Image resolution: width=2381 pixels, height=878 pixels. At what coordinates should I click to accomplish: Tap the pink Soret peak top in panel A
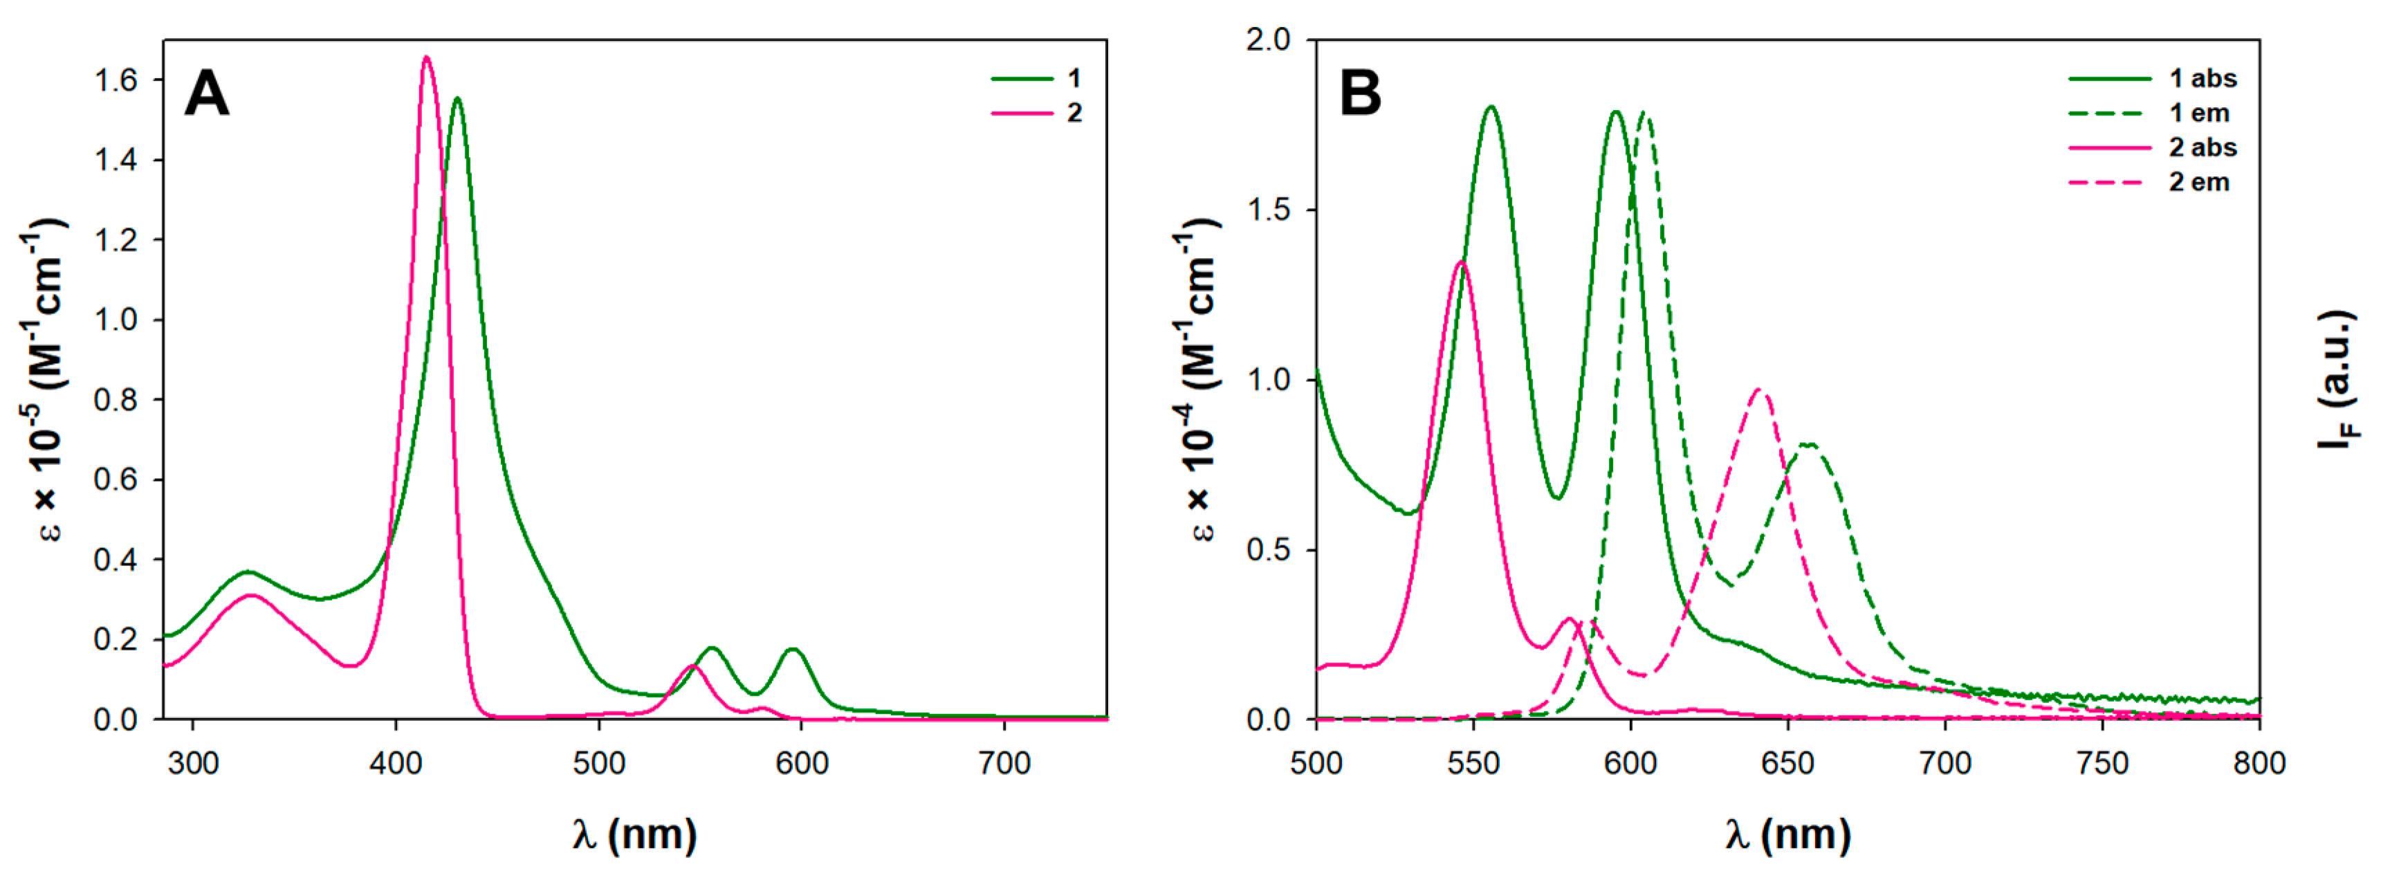(426, 57)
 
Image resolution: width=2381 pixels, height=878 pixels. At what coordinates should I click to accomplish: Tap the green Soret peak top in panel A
(457, 99)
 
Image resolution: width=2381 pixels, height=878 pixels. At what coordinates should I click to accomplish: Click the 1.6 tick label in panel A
(116, 80)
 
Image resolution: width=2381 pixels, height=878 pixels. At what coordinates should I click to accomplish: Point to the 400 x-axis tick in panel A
(396, 763)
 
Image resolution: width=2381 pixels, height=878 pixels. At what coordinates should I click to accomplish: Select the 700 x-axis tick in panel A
(1004, 763)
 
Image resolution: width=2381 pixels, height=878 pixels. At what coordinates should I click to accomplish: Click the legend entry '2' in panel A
(1074, 113)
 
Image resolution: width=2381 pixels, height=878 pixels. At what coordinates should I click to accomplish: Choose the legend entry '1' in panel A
(1074, 79)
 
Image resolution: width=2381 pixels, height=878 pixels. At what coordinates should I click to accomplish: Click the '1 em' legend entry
(2200, 113)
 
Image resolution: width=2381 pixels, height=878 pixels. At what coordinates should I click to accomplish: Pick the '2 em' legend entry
(2200, 182)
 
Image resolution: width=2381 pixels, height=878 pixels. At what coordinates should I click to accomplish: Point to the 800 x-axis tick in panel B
(2259, 763)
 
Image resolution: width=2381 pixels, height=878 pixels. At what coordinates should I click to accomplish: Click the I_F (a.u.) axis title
(2337, 379)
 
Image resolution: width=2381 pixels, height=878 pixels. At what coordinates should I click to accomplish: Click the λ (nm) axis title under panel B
(1787, 834)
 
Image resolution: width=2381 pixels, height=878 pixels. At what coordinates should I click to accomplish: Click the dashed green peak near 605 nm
(1644, 113)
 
